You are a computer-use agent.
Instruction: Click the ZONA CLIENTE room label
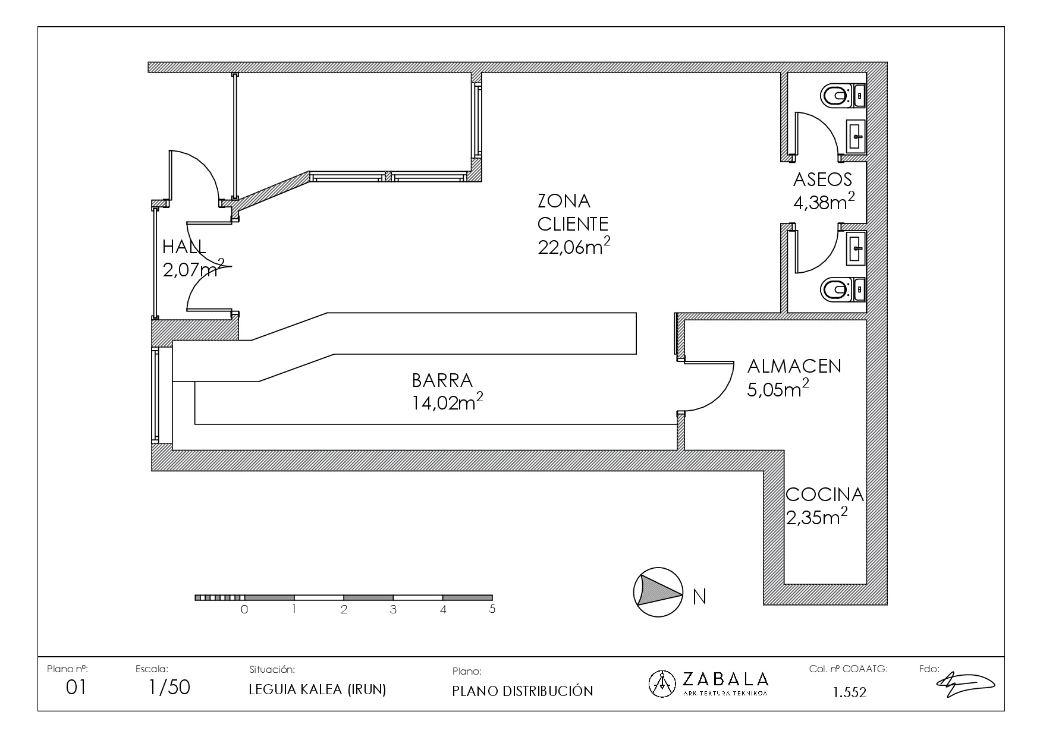(573, 212)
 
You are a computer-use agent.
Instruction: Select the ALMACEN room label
(794, 366)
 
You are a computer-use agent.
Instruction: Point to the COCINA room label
(825, 494)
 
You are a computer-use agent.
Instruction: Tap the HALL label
(184, 247)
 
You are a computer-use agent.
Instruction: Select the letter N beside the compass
(700, 596)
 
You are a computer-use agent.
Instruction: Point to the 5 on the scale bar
(492, 609)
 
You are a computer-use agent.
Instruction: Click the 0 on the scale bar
(244, 609)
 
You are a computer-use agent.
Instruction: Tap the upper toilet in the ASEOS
(835, 95)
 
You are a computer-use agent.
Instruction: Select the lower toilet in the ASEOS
(835, 290)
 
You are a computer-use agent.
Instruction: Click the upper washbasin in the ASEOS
(856, 137)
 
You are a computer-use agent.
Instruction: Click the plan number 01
(76, 688)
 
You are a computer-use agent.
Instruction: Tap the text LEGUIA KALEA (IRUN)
(318, 689)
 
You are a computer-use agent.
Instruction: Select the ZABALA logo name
(725, 679)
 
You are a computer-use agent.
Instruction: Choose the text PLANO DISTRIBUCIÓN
(523, 691)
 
